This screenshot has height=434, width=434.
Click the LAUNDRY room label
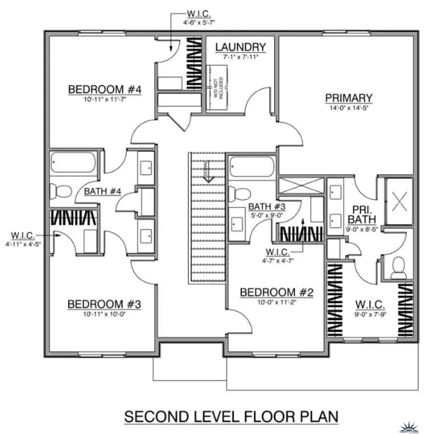[x=240, y=47]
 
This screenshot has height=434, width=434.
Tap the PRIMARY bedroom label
[x=349, y=98]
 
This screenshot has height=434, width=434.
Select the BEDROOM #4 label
[x=104, y=90]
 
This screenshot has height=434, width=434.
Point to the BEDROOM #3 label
[x=104, y=304]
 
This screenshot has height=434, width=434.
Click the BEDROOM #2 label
[x=277, y=292]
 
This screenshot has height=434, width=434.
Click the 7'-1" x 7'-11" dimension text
[x=241, y=57]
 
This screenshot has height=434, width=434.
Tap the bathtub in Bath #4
[x=74, y=163]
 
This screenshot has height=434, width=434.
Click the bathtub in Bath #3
[x=252, y=167]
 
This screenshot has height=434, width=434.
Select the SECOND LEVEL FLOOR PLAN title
[x=231, y=416]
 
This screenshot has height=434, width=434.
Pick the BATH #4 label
[x=102, y=191]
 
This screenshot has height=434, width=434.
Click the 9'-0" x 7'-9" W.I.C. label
[x=370, y=305]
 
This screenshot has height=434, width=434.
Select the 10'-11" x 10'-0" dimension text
[x=104, y=314]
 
